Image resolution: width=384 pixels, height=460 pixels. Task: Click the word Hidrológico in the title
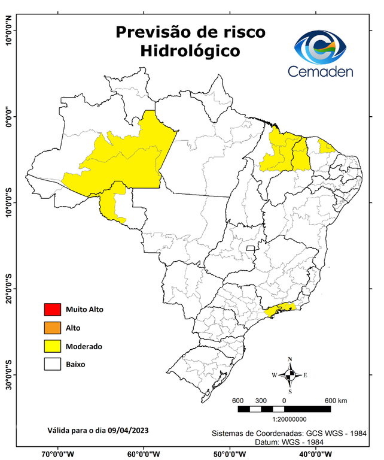(190, 52)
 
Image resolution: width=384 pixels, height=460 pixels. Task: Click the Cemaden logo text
(321, 71)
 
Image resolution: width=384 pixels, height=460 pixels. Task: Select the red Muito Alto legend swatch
(53, 310)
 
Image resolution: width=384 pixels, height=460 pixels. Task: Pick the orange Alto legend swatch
(53, 328)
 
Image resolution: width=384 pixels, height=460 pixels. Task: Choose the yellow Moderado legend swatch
(53, 346)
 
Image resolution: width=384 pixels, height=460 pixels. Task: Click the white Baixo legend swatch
(53, 364)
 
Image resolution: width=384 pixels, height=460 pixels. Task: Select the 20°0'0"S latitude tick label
(8, 289)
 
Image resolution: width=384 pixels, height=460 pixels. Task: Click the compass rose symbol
(290, 375)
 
